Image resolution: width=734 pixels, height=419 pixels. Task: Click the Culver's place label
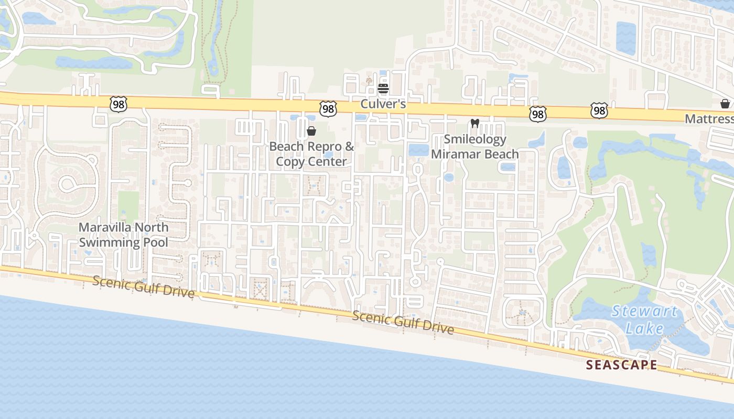(383, 104)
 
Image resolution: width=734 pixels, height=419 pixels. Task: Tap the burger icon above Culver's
(383, 89)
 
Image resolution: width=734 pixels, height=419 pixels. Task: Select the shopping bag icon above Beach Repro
(311, 130)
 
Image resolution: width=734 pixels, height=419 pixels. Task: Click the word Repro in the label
(325, 146)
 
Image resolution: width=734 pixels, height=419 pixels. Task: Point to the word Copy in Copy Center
(291, 161)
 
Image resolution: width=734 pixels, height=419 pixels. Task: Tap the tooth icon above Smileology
(475, 124)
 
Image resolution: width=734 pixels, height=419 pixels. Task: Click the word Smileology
(475, 139)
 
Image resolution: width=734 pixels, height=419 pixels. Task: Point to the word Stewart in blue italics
(644, 312)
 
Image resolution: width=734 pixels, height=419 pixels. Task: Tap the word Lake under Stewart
(644, 328)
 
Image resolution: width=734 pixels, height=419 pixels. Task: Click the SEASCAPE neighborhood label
(621, 365)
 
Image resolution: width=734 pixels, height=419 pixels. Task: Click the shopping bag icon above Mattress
(725, 104)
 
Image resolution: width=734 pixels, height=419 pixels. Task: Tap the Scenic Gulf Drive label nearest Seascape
(403, 322)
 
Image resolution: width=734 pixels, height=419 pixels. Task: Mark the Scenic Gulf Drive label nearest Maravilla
(143, 287)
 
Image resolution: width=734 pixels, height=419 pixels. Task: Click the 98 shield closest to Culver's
(328, 109)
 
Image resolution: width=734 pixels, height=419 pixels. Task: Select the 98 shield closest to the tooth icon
(538, 114)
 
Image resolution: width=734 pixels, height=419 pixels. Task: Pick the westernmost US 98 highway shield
(118, 104)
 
